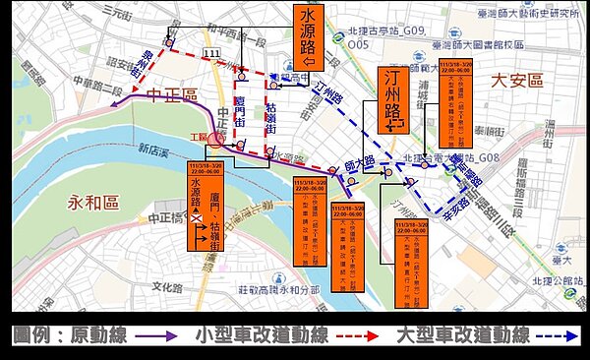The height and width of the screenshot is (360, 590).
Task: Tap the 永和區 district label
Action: tap(93, 203)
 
